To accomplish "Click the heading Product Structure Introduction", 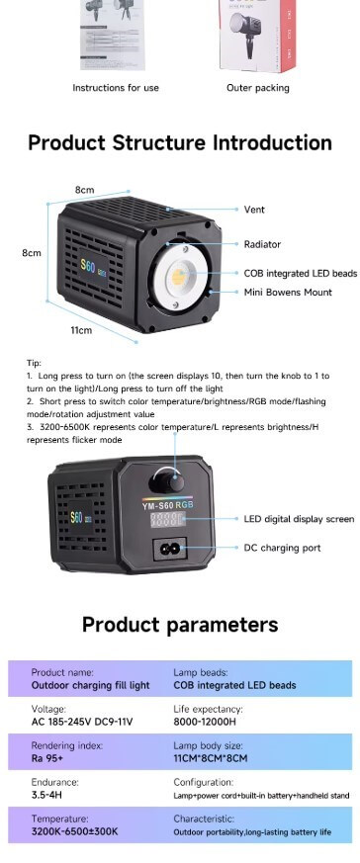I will point(179,142).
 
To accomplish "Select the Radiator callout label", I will point(262,244).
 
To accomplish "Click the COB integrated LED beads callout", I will point(300,273).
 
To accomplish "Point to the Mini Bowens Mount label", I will point(288,293).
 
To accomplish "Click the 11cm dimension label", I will point(80,330).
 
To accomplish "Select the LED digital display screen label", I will point(299,518).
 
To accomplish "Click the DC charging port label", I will point(282,548).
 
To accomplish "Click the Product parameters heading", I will point(179,625).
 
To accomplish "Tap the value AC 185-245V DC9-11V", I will point(81,722).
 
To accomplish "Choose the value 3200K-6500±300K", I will point(74,832).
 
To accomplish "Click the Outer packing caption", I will point(258,88).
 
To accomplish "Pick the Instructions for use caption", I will point(116,88).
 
